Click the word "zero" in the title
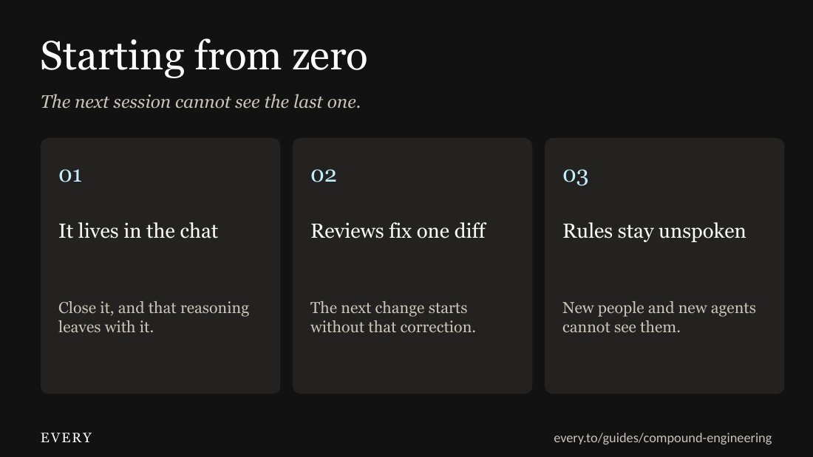[x=330, y=57]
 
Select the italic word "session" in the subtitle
[x=142, y=102]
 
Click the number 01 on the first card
[x=70, y=176]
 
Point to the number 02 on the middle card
[x=324, y=176]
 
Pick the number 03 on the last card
[x=576, y=176]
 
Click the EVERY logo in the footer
[x=67, y=438]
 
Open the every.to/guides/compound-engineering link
[x=663, y=439]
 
